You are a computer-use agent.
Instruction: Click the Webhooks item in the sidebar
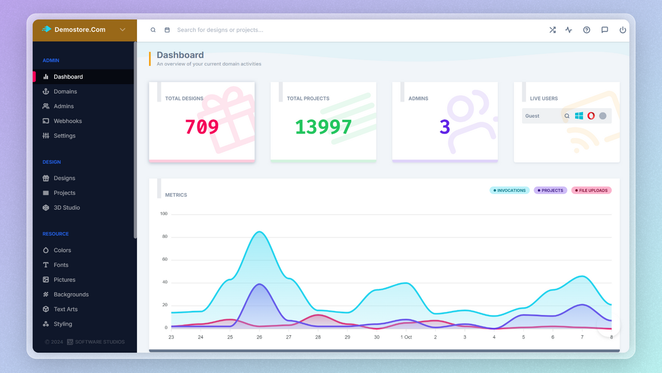click(67, 121)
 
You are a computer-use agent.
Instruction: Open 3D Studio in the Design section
click(66, 208)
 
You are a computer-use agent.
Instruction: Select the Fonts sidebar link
click(61, 265)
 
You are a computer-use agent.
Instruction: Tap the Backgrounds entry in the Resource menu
click(71, 295)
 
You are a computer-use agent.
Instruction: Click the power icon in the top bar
click(623, 30)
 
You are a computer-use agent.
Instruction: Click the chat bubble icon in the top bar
click(605, 30)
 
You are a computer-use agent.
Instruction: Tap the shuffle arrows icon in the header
click(552, 30)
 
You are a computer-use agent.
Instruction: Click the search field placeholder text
click(220, 30)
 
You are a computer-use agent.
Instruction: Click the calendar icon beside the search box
click(167, 30)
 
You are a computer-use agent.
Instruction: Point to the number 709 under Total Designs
click(202, 127)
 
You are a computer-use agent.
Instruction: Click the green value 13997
click(323, 127)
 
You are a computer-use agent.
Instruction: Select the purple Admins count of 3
click(445, 127)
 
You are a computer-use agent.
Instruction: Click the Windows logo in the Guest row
click(579, 116)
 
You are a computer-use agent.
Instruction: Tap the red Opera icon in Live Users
click(591, 116)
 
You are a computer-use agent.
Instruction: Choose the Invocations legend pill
click(509, 191)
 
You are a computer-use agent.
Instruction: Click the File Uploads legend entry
click(591, 191)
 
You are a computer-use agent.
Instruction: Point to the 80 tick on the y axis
click(164, 237)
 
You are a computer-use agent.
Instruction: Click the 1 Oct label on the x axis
click(406, 337)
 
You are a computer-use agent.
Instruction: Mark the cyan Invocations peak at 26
click(259, 232)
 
